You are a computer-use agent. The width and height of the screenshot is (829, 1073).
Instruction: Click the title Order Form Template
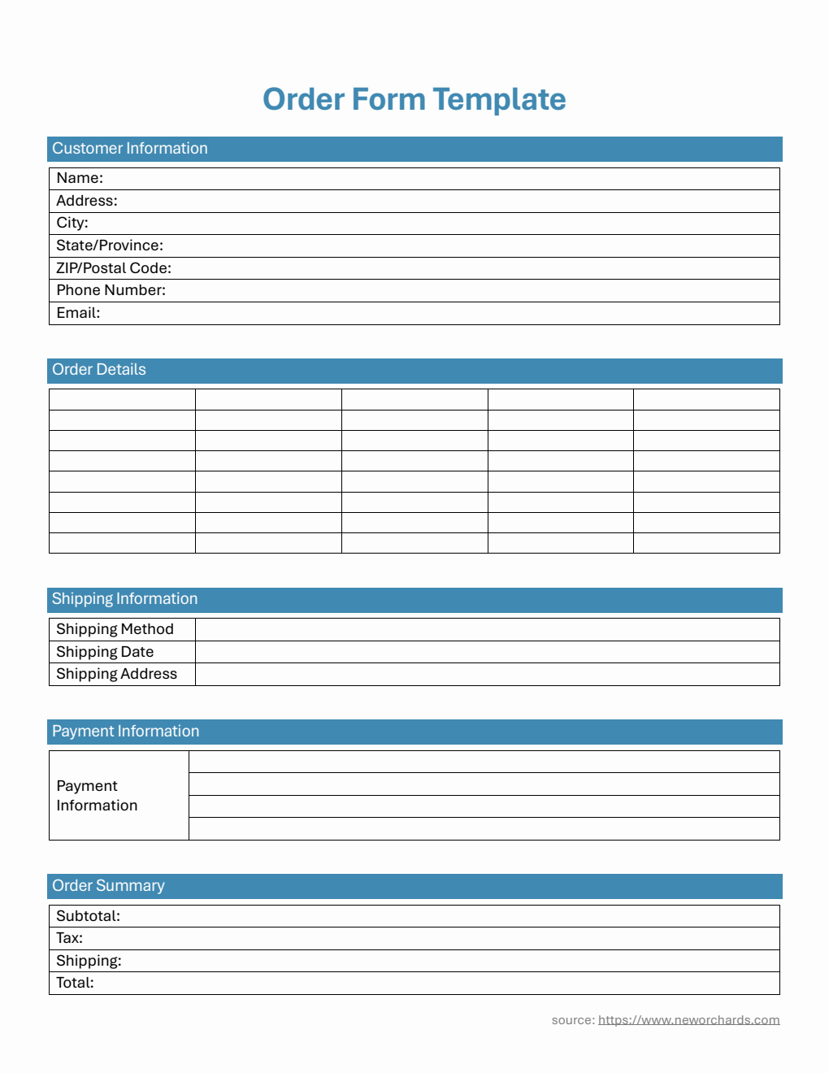click(x=414, y=99)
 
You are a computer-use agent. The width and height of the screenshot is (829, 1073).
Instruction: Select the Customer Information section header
click(x=130, y=149)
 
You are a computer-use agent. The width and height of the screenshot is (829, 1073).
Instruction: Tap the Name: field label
click(x=80, y=178)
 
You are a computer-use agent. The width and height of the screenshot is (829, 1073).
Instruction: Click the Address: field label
click(x=87, y=201)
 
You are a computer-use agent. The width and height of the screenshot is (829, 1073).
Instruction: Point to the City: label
click(x=72, y=223)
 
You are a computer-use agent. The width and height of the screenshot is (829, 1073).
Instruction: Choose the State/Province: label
click(x=110, y=245)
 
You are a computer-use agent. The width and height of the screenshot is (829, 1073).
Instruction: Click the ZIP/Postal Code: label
click(x=114, y=268)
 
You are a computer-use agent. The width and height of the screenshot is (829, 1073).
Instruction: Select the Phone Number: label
click(x=111, y=290)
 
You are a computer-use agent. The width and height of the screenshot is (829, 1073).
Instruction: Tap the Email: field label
click(x=78, y=313)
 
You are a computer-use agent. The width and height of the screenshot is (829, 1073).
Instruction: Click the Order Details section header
click(x=99, y=370)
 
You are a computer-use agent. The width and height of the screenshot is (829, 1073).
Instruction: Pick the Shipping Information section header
click(x=125, y=599)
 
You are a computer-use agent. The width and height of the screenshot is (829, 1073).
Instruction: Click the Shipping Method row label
click(x=115, y=629)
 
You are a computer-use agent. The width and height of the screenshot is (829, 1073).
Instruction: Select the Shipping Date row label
click(x=105, y=652)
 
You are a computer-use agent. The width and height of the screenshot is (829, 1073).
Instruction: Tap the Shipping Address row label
click(x=116, y=674)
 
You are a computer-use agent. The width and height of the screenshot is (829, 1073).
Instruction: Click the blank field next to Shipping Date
click(x=487, y=652)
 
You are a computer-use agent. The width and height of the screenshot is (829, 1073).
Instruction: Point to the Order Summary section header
click(x=108, y=886)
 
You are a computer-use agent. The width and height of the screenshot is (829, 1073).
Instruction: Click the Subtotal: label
click(x=88, y=916)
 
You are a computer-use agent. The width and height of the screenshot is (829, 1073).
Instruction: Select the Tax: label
click(x=69, y=938)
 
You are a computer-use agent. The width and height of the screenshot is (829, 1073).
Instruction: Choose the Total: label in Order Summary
click(x=75, y=983)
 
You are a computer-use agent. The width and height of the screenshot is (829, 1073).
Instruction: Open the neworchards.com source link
click(x=688, y=1020)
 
